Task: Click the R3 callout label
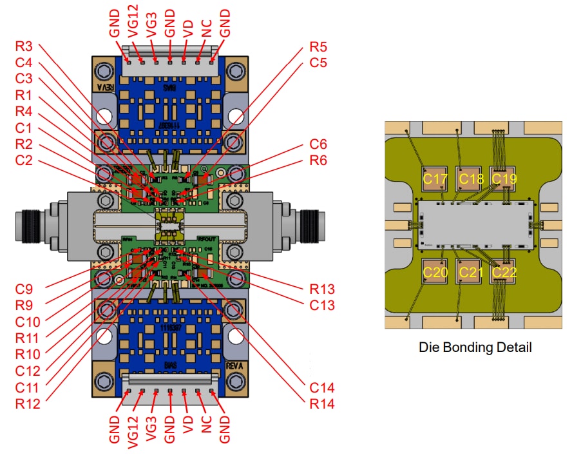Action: [x=25, y=46]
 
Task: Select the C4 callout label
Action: [x=25, y=63]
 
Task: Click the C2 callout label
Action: [x=25, y=160]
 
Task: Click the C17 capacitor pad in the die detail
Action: [x=435, y=179]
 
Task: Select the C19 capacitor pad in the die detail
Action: [x=503, y=179]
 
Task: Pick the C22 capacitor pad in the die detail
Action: [x=503, y=272]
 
